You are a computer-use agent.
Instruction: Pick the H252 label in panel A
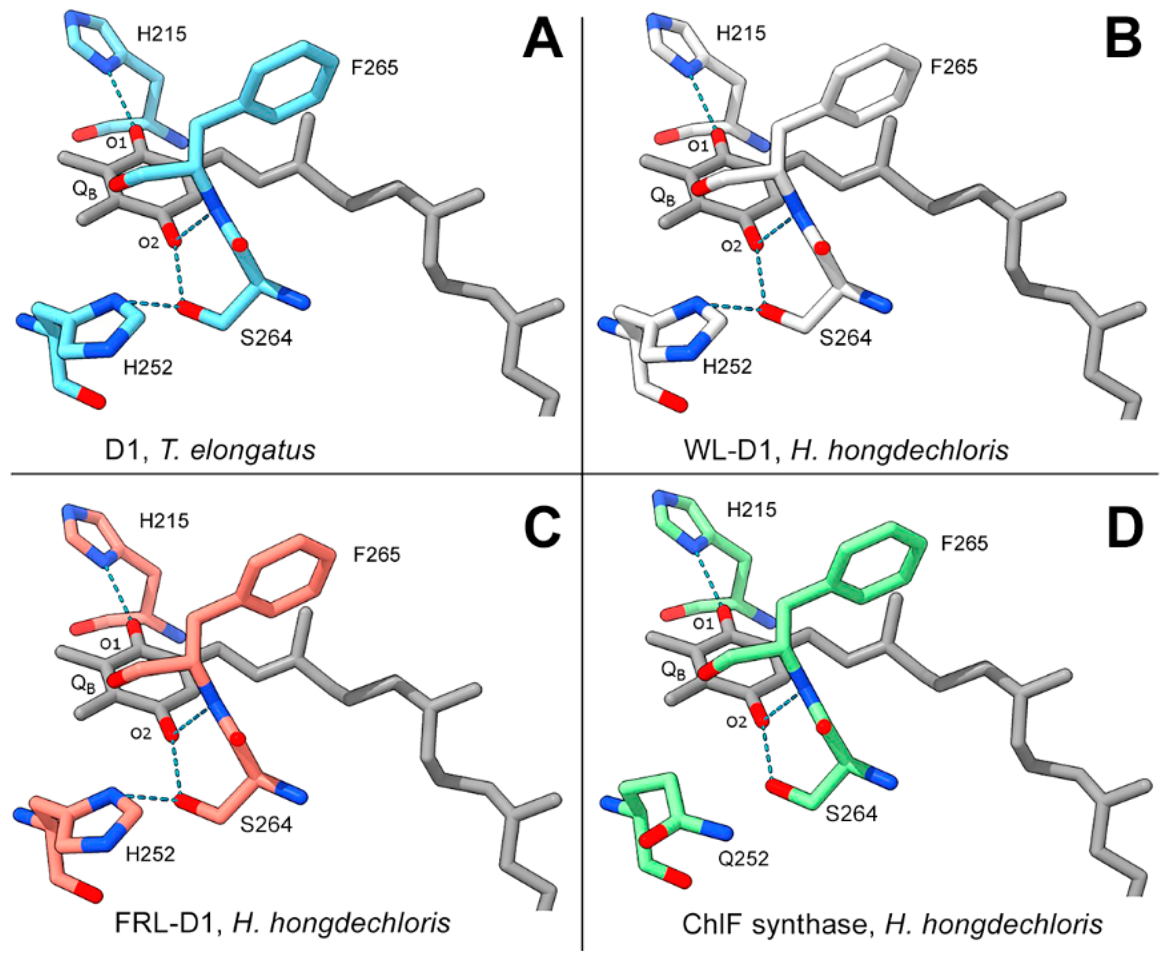coord(148,367)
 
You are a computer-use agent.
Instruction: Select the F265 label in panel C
coord(376,554)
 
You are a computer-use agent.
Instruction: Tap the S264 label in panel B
coord(845,338)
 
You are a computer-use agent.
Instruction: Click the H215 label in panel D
coord(752,509)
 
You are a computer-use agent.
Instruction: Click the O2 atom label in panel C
coord(141,734)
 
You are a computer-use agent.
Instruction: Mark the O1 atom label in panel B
coord(698,146)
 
